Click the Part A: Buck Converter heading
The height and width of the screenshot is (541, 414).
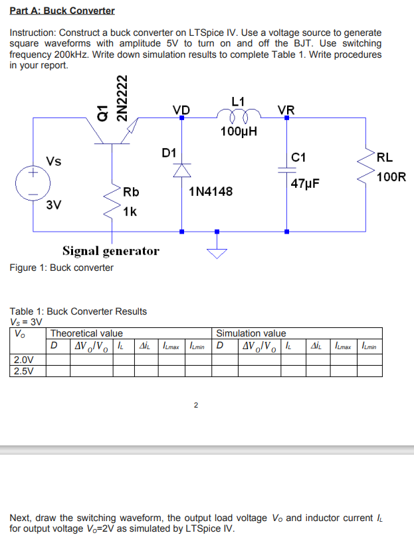click(62, 11)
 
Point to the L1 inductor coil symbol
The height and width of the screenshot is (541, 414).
click(237, 117)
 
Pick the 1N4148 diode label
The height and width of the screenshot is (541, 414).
click(211, 192)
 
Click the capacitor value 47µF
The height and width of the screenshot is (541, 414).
click(306, 183)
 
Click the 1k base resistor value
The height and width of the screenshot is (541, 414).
click(130, 212)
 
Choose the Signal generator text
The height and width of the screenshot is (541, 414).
click(111, 250)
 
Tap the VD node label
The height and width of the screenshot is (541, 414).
click(181, 110)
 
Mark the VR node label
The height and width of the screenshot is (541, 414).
click(286, 110)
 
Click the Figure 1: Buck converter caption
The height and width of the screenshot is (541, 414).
click(62, 268)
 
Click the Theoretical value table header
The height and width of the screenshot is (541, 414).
click(86, 333)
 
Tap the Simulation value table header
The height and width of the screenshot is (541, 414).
click(251, 333)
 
